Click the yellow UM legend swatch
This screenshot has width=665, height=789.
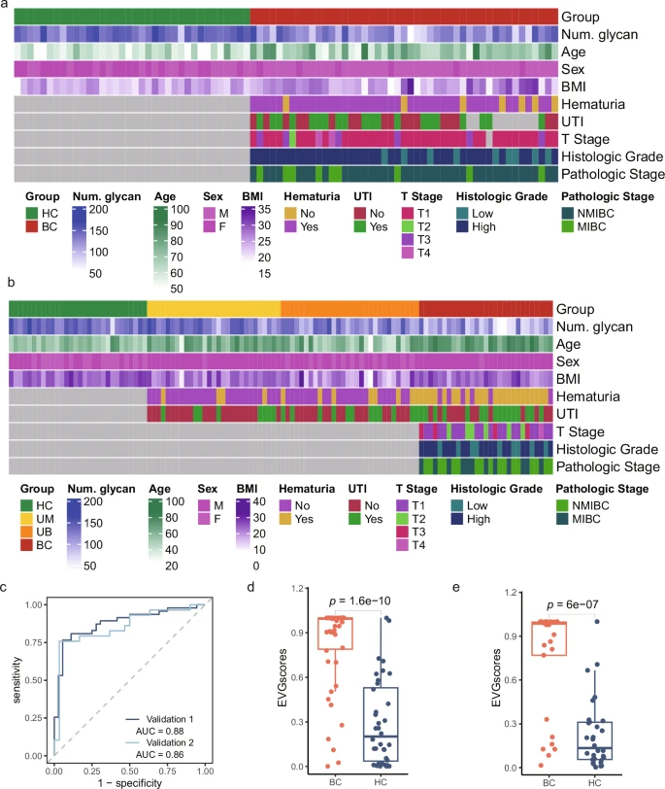(26, 518)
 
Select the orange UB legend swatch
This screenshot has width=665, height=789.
(26, 532)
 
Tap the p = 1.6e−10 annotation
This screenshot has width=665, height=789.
(360, 600)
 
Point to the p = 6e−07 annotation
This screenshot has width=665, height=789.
(572, 604)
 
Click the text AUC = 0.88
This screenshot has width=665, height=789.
(159, 731)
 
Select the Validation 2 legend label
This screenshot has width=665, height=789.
(170, 742)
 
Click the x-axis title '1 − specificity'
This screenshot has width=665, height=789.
(130, 783)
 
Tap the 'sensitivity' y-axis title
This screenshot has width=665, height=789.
(17, 679)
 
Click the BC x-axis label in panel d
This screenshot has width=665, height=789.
(335, 782)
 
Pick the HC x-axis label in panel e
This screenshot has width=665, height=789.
(595, 783)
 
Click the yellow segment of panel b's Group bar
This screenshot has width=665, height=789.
(214, 308)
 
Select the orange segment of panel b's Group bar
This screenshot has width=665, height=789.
(349, 308)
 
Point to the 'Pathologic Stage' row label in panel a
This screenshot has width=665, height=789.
(613, 174)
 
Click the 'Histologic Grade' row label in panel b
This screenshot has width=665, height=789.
(607, 449)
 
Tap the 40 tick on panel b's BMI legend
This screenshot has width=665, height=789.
(259, 501)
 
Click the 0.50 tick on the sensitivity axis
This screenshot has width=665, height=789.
(34, 680)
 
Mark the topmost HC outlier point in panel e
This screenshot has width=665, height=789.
(597, 622)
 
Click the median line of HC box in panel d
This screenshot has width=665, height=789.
(381, 737)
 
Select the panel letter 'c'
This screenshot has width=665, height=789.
(4, 587)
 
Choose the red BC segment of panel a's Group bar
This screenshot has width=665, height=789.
(404, 17)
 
